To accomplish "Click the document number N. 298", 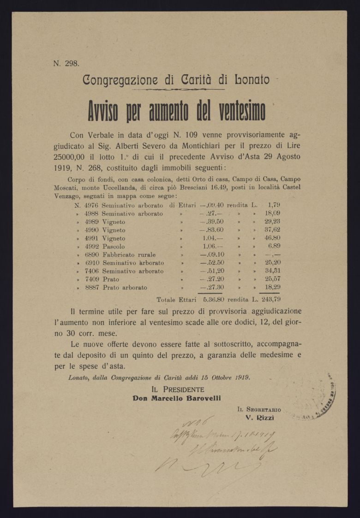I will pyautogui.click(x=66, y=64).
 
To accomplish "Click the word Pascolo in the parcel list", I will pyautogui.click(x=113, y=247).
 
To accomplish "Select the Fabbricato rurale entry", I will pyautogui.click(x=129, y=255).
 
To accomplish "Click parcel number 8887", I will pyautogui.click(x=91, y=288).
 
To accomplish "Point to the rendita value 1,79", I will pyautogui.click(x=273, y=205).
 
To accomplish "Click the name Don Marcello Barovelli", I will pyautogui.click(x=177, y=398).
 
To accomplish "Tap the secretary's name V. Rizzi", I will pyautogui.click(x=260, y=418).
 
